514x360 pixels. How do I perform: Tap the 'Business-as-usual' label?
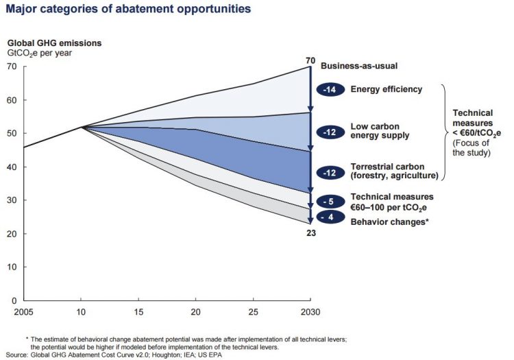pos(360,67)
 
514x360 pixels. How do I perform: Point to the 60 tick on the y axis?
pos(12,100)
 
